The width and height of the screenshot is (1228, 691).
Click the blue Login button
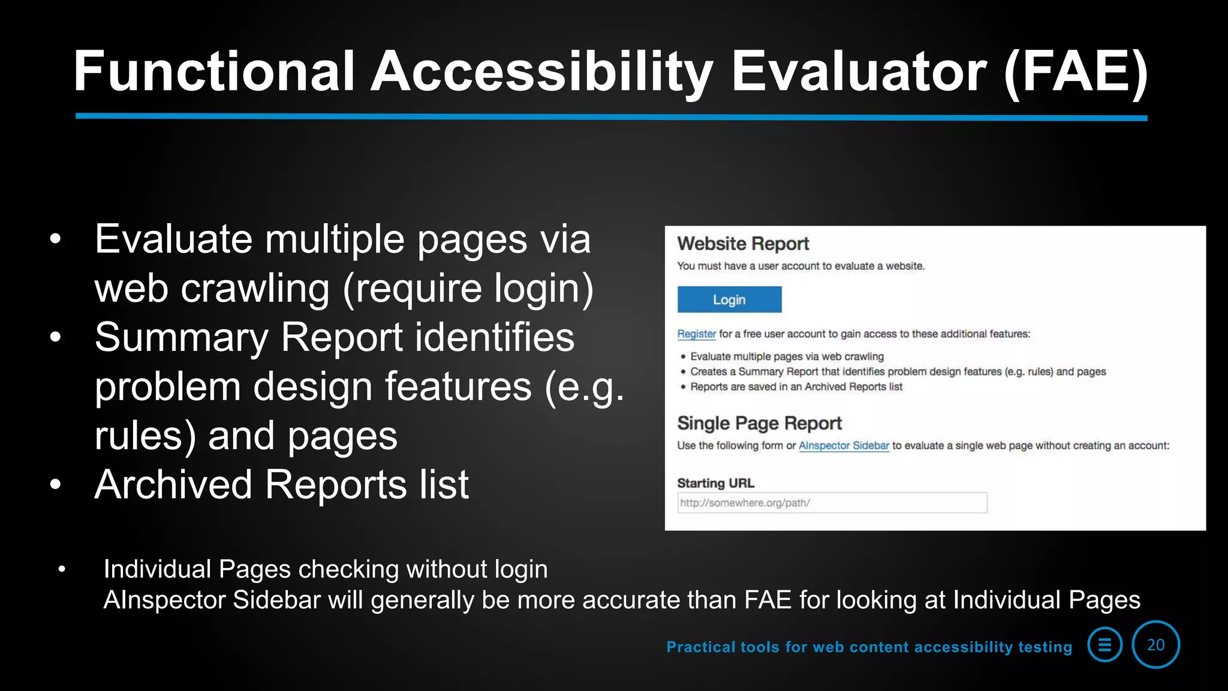click(x=729, y=299)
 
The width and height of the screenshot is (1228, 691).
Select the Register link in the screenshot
click(x=696, y=334)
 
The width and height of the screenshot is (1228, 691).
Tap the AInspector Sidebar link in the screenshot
click(x=844, y=446)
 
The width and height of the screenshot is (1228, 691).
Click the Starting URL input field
click(x=832, y=503)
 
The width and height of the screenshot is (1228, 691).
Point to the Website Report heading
click(x=743, y=244)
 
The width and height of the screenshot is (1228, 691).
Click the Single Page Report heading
click(x=759, y=423)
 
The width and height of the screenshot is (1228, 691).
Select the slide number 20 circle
click(x=1155, y=645)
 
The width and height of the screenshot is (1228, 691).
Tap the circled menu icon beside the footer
click(x=1104, y=645)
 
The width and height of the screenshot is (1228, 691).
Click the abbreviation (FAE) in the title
click(x=1076, y=72)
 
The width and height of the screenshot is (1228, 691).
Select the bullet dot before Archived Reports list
click(x=56, y=484)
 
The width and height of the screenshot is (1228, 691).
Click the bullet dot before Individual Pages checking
click(x=62, y=569)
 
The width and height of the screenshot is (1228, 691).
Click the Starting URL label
click(x=715, y=483)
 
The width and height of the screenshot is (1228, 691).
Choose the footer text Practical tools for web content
click(x=869, y=647)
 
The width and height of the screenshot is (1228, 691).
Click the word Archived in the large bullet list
click(x=173, y=484)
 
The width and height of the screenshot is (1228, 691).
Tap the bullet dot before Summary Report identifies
click(x=56, y=337)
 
